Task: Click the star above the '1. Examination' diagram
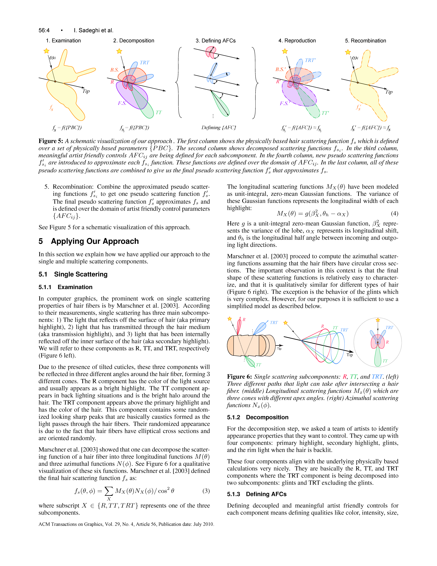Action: pos(46,51)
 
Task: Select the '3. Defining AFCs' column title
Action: pos(216,41)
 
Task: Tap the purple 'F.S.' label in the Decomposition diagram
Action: pos(122,103)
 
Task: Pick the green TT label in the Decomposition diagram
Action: pos(158,113)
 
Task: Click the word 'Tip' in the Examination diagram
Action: pos(86,91)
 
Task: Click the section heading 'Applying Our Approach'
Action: pos(95,241)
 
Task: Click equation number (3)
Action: pos(206,491)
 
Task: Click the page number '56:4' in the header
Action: pos(44,30)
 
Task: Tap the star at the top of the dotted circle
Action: pos(378,320)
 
